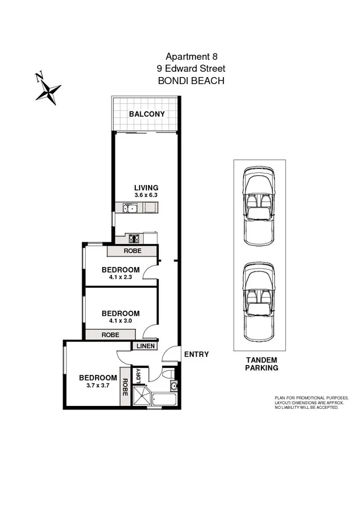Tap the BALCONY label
tap(146, 114)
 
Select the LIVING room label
tap(146, 187)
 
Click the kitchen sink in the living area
tap(129, 208)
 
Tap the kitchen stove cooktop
tap(134, 238)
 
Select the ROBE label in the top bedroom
tap(132, 251)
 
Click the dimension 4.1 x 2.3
tap(120, 277)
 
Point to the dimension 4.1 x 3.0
tap(120, 321)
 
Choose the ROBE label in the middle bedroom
tap(110, 335)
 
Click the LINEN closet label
tap(145, 346)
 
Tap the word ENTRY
tap(196, 354)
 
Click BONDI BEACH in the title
tap(191, 81)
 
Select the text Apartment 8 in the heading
tap(191, 57)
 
